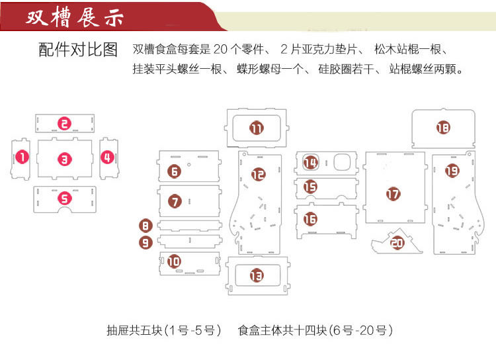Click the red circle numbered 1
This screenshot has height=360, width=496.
(x=23, y=157)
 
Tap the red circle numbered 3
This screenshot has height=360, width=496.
(x=63, y=159)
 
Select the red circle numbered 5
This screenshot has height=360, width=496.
(x=63, y=197)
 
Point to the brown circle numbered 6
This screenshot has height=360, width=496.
(x=175, y=171)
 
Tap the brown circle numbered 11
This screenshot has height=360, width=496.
(x=257, y=128)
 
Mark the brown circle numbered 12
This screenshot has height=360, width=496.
(x=259, y=174)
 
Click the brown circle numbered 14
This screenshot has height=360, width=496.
(x=310, y=162)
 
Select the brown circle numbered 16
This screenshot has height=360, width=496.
(x=310, y=218)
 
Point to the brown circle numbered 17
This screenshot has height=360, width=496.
(x=393, y=194)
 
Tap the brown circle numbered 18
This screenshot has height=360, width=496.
(x=442, y=128)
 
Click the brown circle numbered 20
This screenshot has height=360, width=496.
(x=397, y=243)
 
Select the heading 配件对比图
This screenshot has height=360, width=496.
(x=77, y=50)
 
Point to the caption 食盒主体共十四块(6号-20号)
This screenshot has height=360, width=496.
(x=315, y=330)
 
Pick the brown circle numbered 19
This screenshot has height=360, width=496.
(x=452, y=170)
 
